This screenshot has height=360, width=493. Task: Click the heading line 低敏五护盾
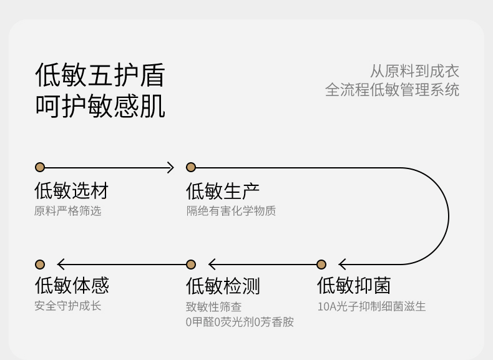100,75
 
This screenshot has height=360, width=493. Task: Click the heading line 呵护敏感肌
100,106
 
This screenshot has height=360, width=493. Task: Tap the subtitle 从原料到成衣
414,71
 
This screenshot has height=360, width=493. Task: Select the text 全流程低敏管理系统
392,90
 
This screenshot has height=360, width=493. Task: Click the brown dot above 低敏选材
40,167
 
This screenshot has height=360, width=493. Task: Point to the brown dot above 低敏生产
191,167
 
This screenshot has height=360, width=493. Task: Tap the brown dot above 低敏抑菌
321,265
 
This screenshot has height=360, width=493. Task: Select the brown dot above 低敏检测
191,265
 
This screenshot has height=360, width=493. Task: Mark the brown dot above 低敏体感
40,265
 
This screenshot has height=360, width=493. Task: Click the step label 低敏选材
71,190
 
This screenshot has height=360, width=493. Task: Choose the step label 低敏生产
223,191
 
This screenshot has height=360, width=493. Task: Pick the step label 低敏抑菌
354,286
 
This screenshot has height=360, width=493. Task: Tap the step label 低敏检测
223,286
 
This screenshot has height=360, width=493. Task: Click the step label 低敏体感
72,285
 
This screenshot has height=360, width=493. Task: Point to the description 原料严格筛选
67,211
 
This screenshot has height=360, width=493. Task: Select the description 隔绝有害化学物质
231,211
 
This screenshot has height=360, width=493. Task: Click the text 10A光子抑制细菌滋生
372,306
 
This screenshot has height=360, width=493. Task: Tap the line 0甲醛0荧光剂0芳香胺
240,322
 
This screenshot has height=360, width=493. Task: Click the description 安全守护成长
68,306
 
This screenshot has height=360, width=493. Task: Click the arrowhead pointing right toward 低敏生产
171,168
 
